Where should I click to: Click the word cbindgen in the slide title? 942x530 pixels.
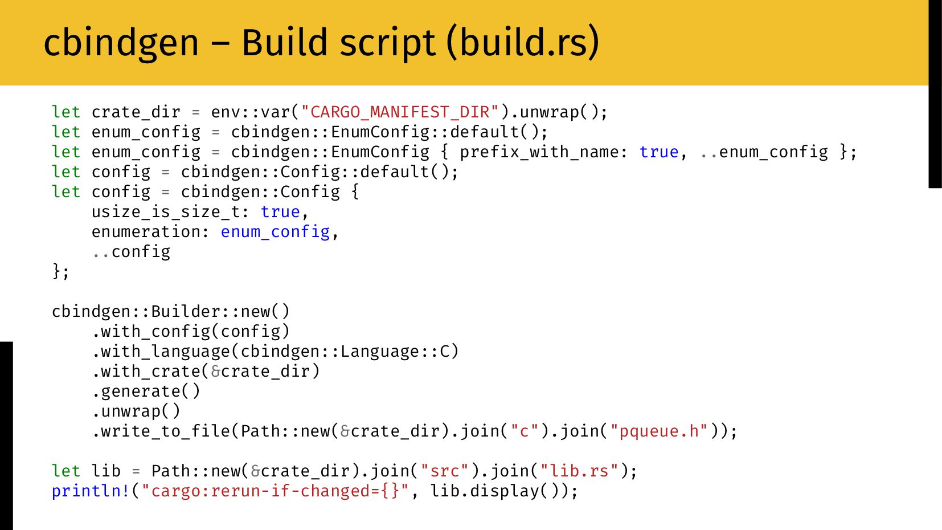coord(121,43)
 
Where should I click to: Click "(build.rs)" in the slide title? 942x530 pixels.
coord(523,43)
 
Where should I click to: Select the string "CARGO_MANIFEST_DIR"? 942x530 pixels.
coord(400,112)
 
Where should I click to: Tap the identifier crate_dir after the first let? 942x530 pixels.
coord(136,112)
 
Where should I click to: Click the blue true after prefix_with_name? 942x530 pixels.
coord(659,152)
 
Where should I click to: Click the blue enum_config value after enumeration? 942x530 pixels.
coord(275,231)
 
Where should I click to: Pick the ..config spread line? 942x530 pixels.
coord(131,251)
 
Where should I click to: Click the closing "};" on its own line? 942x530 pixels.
coord(60,271)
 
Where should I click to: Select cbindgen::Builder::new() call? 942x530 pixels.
coord(171,311)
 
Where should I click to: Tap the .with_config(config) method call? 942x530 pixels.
coord(191,331)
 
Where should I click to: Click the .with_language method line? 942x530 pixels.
coord(275,351)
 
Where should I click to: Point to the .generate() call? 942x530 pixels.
coord(146,391)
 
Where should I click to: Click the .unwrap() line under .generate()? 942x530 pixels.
coord(136,411)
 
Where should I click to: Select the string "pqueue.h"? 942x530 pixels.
coord(659,431)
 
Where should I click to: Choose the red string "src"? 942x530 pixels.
coord(444,471)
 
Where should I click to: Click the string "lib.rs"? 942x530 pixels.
coord(579,471)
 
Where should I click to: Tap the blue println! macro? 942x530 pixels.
coord(91,491)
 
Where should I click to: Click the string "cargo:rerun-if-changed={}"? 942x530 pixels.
coord(275,491)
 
